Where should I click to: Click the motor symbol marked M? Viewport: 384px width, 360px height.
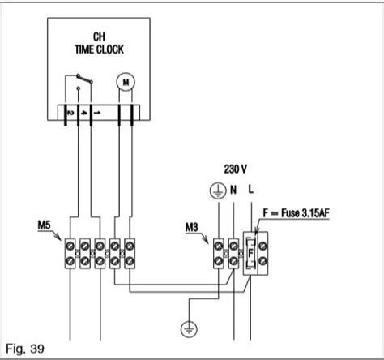(125, 81)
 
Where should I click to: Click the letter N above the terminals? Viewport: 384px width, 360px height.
(233, 190)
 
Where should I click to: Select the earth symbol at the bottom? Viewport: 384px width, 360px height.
(188, 329)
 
